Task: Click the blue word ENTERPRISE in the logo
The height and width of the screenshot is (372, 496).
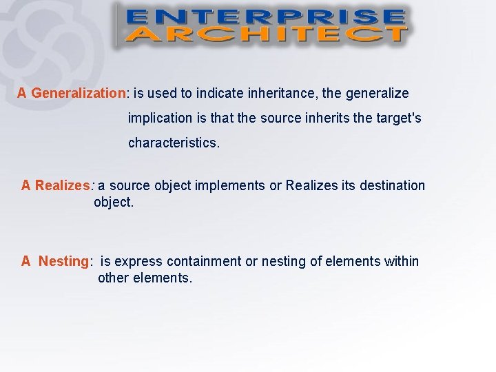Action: coord(265,17)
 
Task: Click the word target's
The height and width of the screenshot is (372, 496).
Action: coord(397,118)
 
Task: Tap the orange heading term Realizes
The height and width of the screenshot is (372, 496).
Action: coord(62,185)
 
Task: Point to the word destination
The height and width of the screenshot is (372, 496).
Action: coord(392,185)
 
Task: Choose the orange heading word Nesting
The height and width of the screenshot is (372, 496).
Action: coord(63,261)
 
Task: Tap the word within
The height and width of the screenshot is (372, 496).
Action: coord(402,261)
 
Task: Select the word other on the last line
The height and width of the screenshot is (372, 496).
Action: coord(114,278)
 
